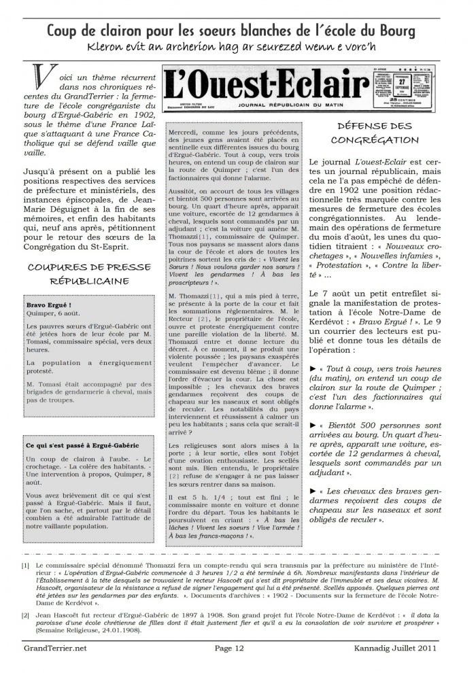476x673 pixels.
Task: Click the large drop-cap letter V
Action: click(41, 80)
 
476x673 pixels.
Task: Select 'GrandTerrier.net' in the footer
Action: click(53, 648)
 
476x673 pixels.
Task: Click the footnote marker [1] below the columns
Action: click(25, 565)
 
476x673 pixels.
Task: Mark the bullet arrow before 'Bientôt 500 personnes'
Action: click(312, 426)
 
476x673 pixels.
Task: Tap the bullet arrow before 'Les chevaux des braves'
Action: click(312, 491)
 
